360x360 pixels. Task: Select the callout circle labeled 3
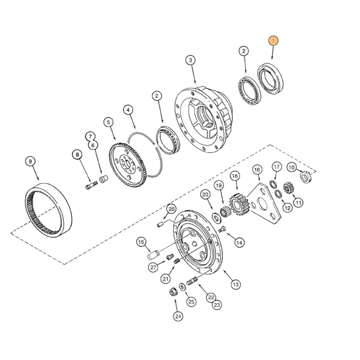[191, 60]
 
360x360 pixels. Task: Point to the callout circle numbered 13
[235, 284]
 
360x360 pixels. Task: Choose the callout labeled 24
[178, 316]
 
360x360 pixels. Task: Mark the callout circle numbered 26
[171, 209]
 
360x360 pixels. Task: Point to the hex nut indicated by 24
[172, 292]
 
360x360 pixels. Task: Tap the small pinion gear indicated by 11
[288, 188]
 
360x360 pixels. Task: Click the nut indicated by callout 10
[305, 177]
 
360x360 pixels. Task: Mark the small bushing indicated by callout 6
[104, 179]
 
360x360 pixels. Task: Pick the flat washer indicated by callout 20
[217, 217]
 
